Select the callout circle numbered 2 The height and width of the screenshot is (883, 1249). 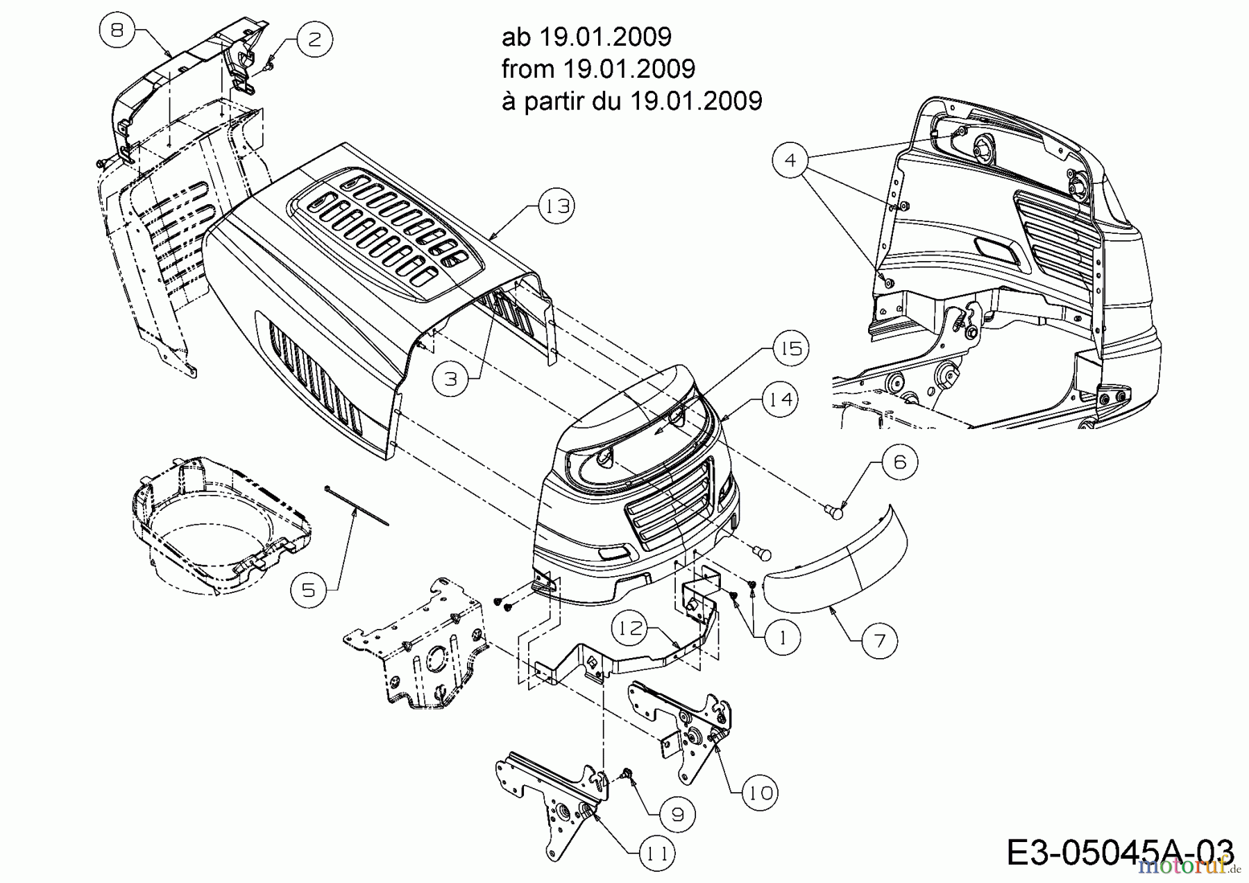coord(314,39)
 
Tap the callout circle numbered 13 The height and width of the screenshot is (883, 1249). coord(556,206)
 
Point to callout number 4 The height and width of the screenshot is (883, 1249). coord(790,160)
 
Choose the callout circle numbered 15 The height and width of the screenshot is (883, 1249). coord(791,348)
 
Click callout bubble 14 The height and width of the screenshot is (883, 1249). coord(780,400)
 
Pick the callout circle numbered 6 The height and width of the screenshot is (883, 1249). coord(900,462)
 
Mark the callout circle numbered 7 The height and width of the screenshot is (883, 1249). coord(880,640)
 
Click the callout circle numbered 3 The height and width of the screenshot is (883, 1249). coord(451,378)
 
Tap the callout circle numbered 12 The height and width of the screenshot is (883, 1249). coord(629,630)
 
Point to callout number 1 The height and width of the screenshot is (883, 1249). coord(783,637)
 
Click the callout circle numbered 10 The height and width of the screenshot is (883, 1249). coord(761,792)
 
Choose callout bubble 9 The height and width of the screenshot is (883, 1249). coord(678,815)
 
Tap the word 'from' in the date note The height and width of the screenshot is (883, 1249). coord(527,69)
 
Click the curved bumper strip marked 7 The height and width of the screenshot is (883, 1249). coord(833,569)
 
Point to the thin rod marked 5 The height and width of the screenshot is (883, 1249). coord(357,506)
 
